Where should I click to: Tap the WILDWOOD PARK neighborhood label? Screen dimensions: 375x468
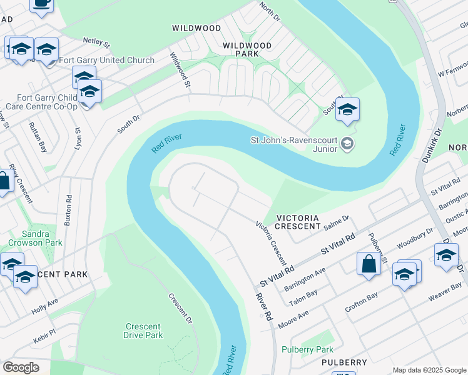point(248,50)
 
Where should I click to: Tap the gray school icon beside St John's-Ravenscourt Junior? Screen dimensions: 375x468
point(347,145)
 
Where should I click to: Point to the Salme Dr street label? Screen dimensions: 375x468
point(337,222)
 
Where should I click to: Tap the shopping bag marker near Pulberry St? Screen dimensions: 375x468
point(369,263)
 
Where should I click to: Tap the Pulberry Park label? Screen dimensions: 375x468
point(307,349)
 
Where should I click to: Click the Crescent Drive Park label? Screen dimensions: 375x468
point(143,331)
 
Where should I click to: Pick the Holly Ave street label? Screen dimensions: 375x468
point(44,305)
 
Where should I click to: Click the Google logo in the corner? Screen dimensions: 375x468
point(21,367)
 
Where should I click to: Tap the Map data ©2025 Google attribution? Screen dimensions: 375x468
point(429,370)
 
